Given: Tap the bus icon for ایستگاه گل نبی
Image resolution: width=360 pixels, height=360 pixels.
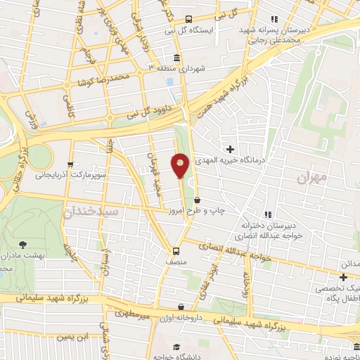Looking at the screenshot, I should point(188,20).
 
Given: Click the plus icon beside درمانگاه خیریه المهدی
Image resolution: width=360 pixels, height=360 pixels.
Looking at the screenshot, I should point(230,149).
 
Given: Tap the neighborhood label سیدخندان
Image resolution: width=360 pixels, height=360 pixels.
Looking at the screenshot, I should point(92,210).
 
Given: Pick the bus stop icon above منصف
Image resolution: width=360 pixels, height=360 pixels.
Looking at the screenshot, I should point(176,251).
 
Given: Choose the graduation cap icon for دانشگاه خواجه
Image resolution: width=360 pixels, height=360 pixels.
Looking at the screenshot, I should point(177,347).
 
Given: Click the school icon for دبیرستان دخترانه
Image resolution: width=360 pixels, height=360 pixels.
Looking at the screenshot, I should point(267,214).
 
